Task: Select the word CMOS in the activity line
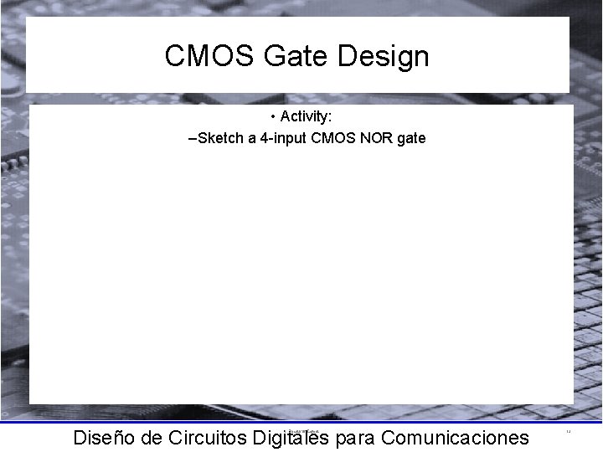[x=331, y=137]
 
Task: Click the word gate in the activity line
[x=410, y=137]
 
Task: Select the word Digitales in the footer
[x=286, y=438]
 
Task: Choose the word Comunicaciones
[x=454, y=438]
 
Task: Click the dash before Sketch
[x=193, y=137]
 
